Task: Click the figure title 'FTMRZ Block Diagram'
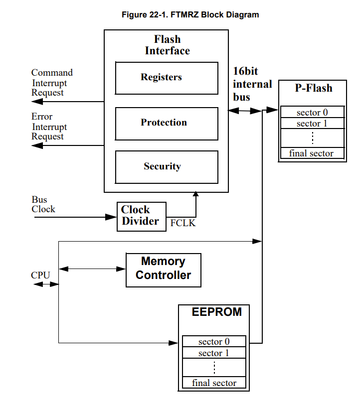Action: click(190, 14)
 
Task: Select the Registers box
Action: click(167, 78)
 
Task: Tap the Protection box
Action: click(167, 123)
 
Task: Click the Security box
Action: click(167, 167)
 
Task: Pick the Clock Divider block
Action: click(142, 216)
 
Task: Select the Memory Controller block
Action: click(164, 269)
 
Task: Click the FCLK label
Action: click(183, 223)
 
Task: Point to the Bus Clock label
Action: click(43, 205)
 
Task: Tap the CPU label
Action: click(40, 275)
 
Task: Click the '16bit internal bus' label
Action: click(252, 84)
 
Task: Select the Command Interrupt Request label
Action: click(51, 83)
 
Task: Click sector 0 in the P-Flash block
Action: click(312, 112)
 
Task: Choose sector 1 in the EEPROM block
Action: click(214, 353)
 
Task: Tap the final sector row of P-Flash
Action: click(312, 153)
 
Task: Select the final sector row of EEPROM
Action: click(214, 383)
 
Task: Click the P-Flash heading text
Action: click(313, 88)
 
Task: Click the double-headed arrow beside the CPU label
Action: click(46, 284)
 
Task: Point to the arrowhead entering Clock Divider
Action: click(112, 217)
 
